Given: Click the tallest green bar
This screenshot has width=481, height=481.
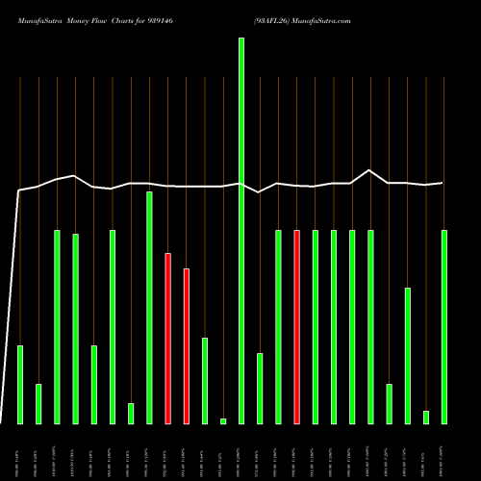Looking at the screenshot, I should coord(241,231).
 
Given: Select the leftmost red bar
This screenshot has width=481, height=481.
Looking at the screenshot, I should coord(167,338).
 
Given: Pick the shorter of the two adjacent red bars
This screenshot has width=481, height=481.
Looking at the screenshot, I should coord(187,345).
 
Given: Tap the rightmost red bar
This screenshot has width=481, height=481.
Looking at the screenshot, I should coord(297,326).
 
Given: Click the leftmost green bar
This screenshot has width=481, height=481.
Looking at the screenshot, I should coord(20,384).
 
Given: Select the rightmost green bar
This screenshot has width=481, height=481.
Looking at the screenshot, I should coord(444,326).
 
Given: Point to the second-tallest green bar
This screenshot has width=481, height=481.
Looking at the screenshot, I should coord(149,307).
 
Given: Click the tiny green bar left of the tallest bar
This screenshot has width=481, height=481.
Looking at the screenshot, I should coord(223,420).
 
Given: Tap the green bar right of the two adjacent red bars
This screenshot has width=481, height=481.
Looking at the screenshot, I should coord(205,380).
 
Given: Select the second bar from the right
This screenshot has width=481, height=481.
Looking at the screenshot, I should coord(426,417).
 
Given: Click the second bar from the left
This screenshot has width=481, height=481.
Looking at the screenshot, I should coord(38,403).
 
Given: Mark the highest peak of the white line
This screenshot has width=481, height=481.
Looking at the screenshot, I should coord(370,170).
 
